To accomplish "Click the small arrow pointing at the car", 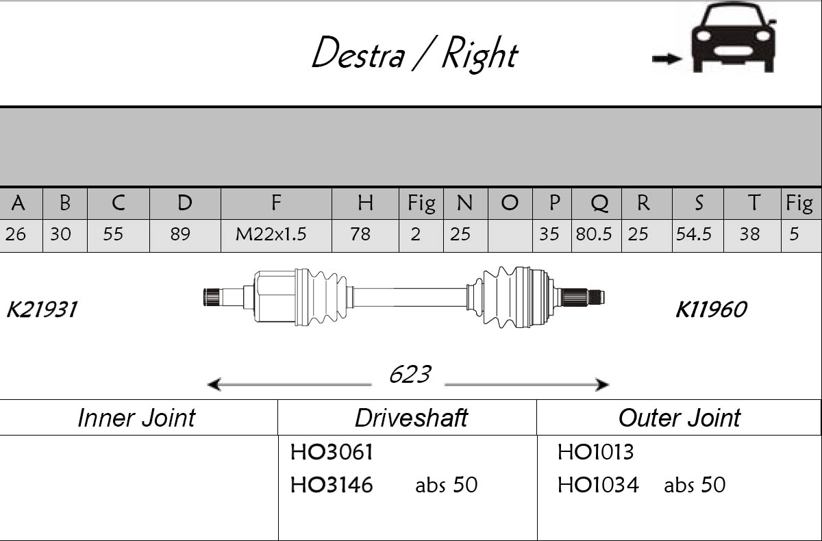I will (x=667, y=59).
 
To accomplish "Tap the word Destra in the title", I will (x=357, y=53).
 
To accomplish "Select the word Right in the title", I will (x=479, y=53).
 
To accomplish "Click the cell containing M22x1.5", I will (x=271, y=234).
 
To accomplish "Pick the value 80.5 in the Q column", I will (x=594, y=234).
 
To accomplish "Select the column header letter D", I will (x=185, y=203).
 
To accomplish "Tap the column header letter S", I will (x=698, y=203).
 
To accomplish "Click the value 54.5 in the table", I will (x=695, y=234).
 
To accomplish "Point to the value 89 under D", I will (x=180, y=234).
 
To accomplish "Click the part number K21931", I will (x=41, y=310).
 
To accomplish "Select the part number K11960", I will (x=710, y=310).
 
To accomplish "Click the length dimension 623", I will (x=410, y=375).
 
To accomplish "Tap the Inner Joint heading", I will (x=136, y=418).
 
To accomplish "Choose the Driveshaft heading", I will (x=411, y=418).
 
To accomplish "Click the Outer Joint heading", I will (x=679, y=418).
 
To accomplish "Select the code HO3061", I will (x=332, y=452).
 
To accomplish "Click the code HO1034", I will (x=597, y=486).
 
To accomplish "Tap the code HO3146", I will (x=332, y=486).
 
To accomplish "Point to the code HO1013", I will (x=595, y=452).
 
